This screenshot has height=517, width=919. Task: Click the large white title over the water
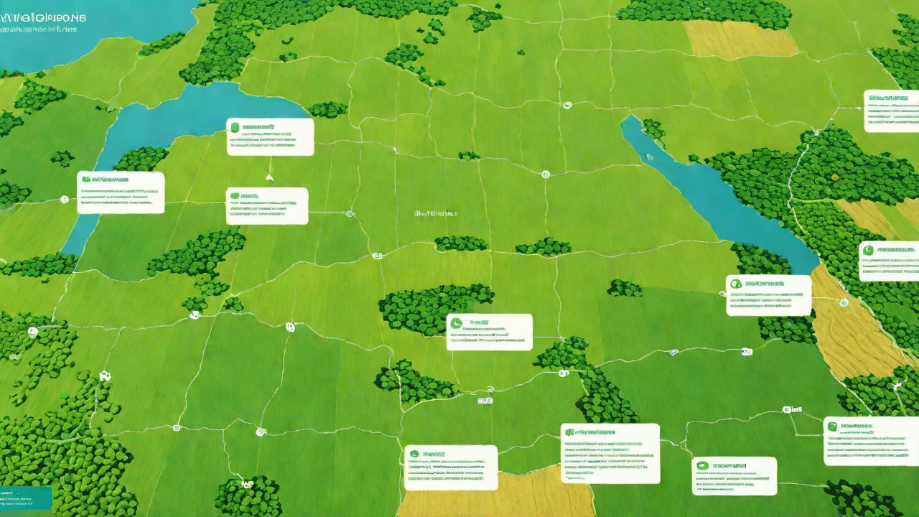[x=43, y=16]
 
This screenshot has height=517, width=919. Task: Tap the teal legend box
[x=26, y=498]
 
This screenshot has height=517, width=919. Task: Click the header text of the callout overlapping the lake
[x=258, y=127]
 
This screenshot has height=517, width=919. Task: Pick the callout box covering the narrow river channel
[x=121, y=192]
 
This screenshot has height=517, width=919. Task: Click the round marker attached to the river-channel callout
[x=65, y=199]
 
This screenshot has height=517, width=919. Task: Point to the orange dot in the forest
[x=835, y=174]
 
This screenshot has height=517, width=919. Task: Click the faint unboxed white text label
[x=435, y=213]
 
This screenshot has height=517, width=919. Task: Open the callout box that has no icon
[x=890, y=111]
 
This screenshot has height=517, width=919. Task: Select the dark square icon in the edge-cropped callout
[x=832, y=427]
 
